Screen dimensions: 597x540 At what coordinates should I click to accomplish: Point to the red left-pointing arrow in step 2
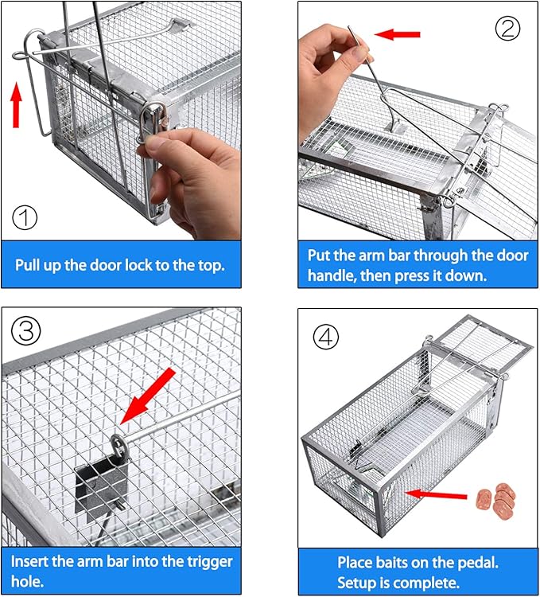pyautogui.click(x=397, y=34)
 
